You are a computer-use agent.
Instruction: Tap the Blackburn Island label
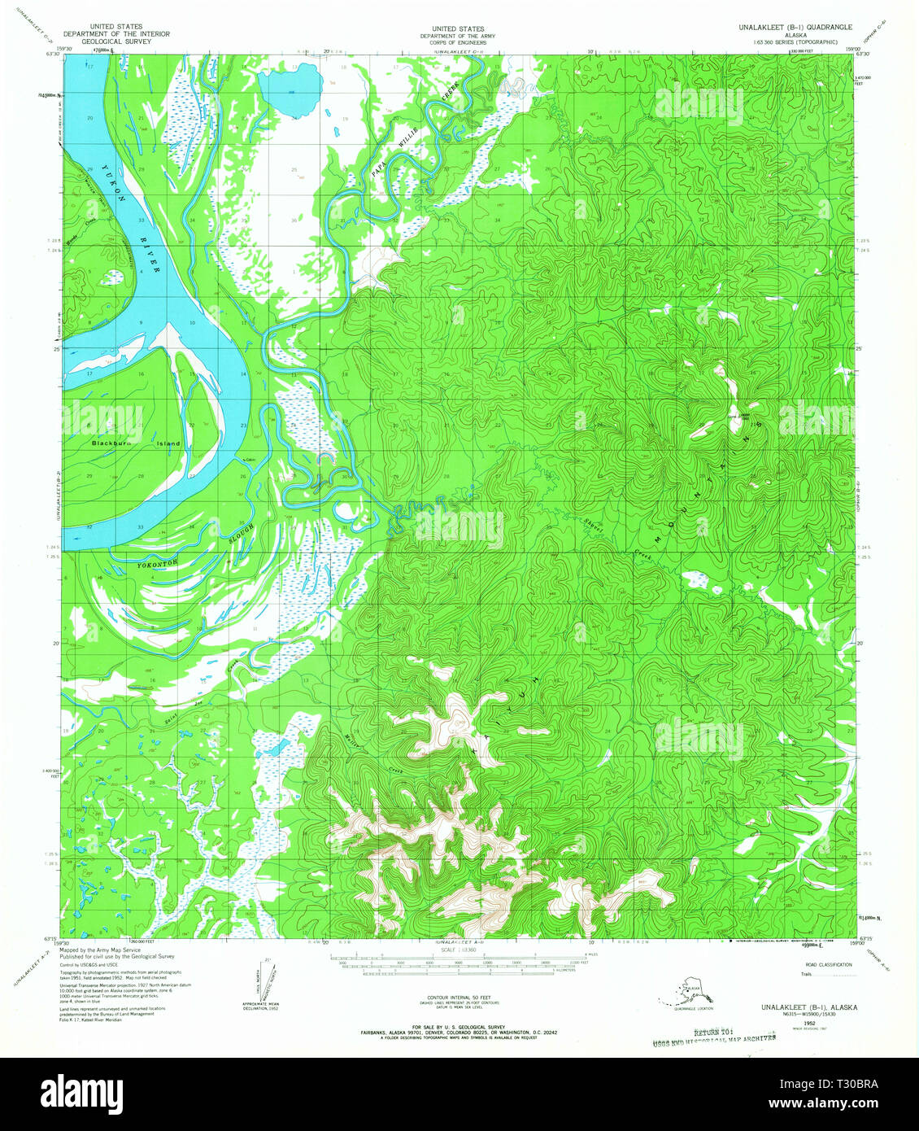coord(136,443)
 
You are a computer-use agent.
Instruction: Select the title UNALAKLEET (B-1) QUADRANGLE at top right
coord(795,27)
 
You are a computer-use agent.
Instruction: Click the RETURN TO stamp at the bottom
coord(713,1032)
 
